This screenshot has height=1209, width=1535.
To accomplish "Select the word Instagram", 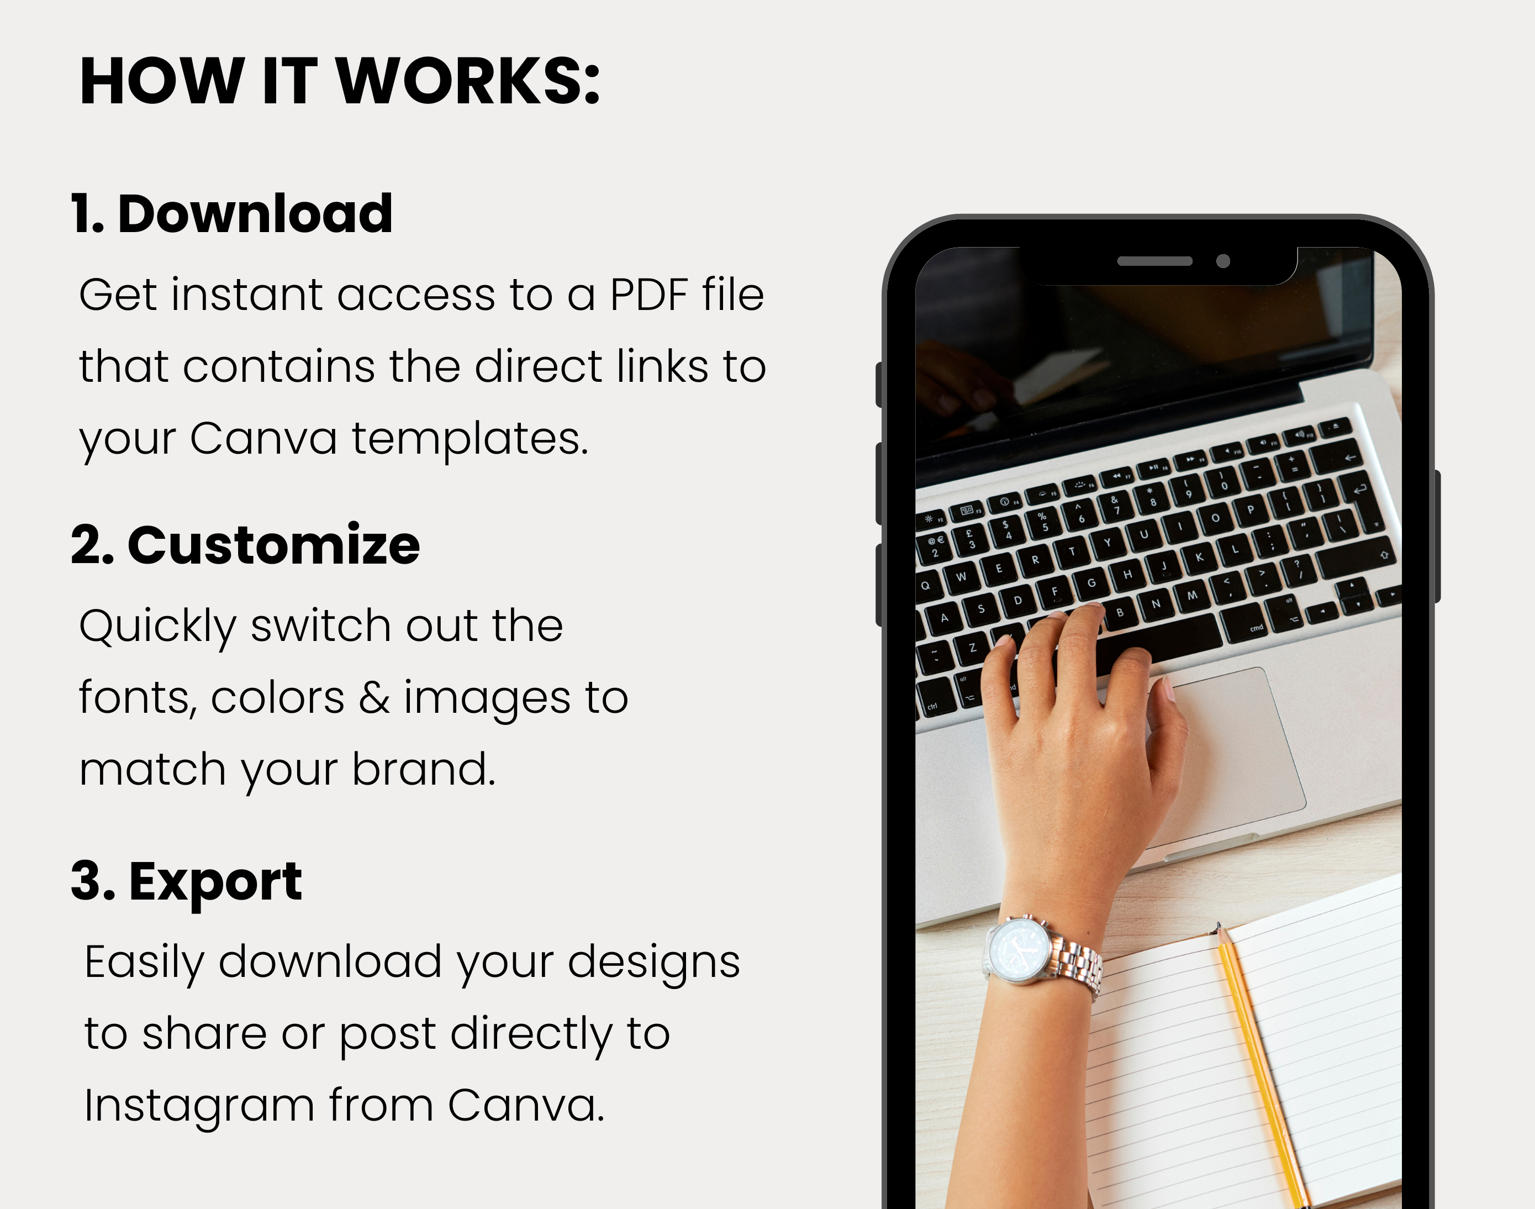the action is [x=199, y=1106].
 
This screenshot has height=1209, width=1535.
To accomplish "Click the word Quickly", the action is [x=157, y=627].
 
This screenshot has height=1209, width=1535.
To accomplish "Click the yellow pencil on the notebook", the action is [x=1262, y=1066].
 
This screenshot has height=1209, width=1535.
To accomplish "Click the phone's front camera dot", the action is [x=1223, y=261].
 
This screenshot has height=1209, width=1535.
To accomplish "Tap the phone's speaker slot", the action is [x=1154, y=261].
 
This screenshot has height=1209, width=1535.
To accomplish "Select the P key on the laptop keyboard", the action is [x=1251, y=508].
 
